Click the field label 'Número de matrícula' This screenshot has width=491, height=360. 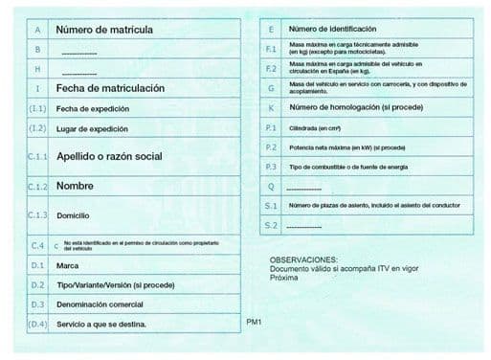coord(104,30)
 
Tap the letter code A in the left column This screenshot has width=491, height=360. coord(35,30)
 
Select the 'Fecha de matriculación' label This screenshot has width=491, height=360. coord(110,88)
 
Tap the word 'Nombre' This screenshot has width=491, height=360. coord(75,186)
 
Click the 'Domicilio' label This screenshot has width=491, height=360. coord(75,215)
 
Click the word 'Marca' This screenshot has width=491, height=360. coord(67,265)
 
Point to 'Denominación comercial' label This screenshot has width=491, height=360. coord(100,304)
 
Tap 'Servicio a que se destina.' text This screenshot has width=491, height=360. coord(101,325)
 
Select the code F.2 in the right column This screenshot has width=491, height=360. coord(271,68)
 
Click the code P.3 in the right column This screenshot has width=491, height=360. coord(271,167)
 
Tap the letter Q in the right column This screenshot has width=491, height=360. coord(271,186)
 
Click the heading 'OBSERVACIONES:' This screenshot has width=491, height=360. coord(302,259)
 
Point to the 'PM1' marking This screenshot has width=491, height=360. coord(254,322)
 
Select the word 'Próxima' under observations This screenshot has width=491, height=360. coord(283,278)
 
